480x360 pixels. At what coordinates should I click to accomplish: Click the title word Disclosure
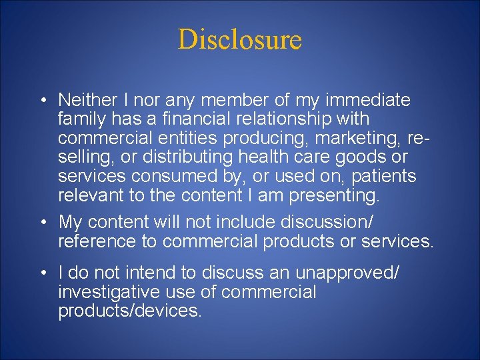pyautogui.click(x=240, y=39)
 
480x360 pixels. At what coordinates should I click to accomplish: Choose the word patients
pyautogui.click(x=385, y=177)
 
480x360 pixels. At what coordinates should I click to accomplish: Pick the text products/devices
pyautogui.click(x=129, y=311)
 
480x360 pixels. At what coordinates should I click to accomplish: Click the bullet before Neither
pyautogui.click(x=42, y=101)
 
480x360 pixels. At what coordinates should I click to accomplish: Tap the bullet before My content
pyautogui.click(x=42, y=222)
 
